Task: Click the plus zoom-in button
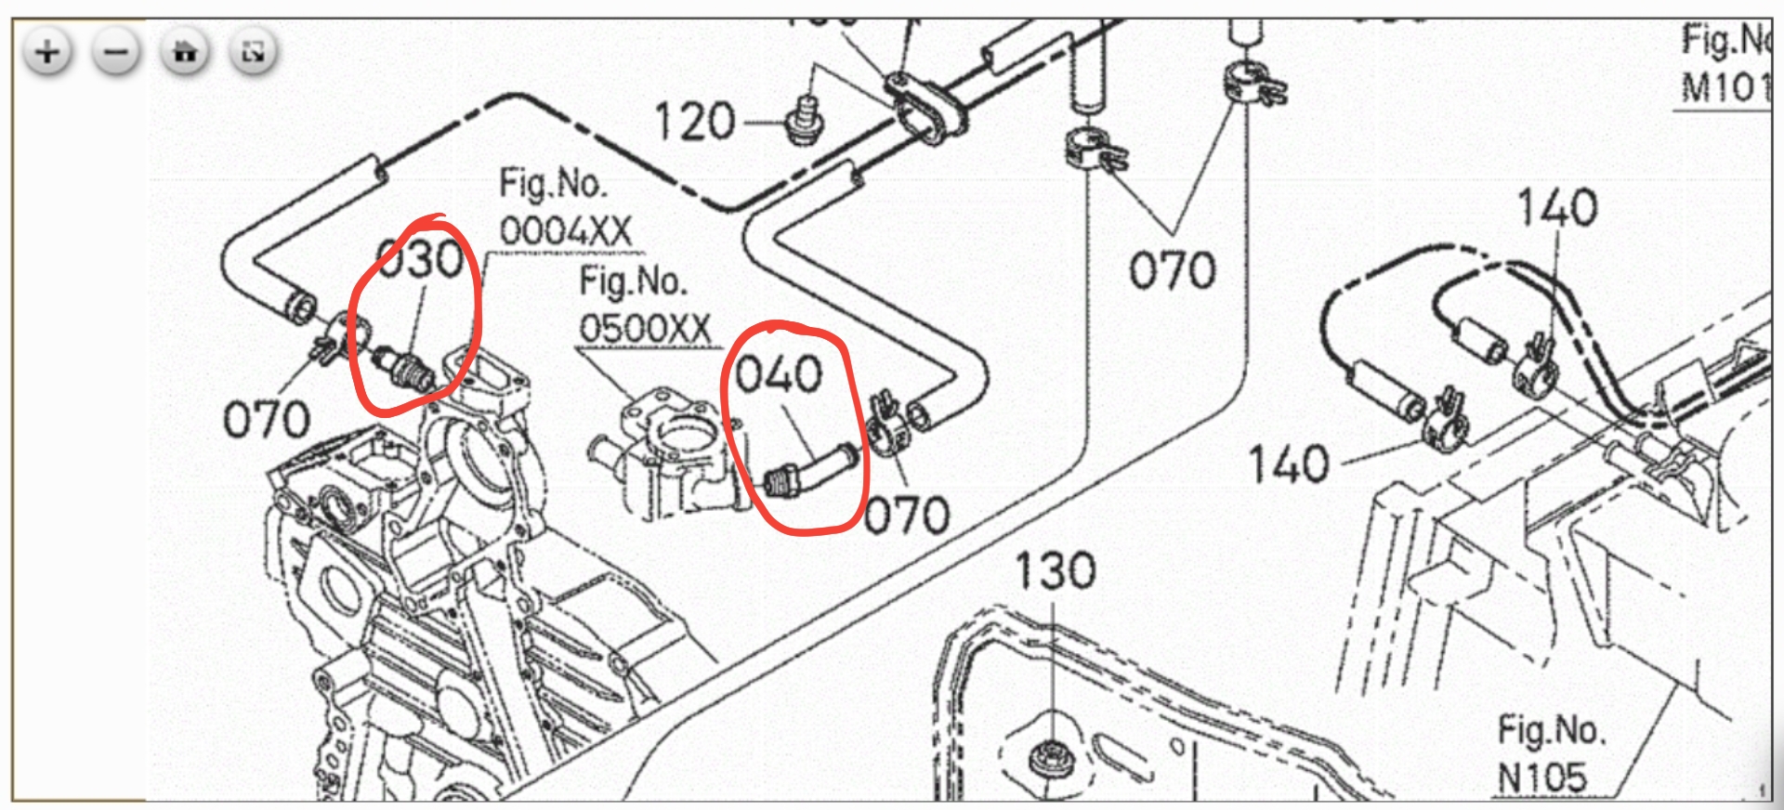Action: tap(47, 52)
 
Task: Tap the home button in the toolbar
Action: tap(185, 52)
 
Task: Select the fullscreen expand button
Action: tap(253, 52)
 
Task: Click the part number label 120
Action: tap(695, 123)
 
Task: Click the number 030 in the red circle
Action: tap(421, 259)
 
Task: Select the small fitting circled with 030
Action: tap(405, 368)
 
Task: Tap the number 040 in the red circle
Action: tap(779, 374)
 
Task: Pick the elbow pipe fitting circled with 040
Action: tap(811, 470)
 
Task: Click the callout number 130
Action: tap(1055, 571)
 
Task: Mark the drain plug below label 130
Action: tap(1051, 756)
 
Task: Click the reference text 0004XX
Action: tap(565, 230)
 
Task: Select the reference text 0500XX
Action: tap(645, 328)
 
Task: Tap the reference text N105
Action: tap(1542, 777)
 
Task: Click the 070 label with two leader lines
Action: tap(1172, 271)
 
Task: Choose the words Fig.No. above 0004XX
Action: tap(553, 184)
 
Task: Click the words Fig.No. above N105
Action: tap(1551, 730)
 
